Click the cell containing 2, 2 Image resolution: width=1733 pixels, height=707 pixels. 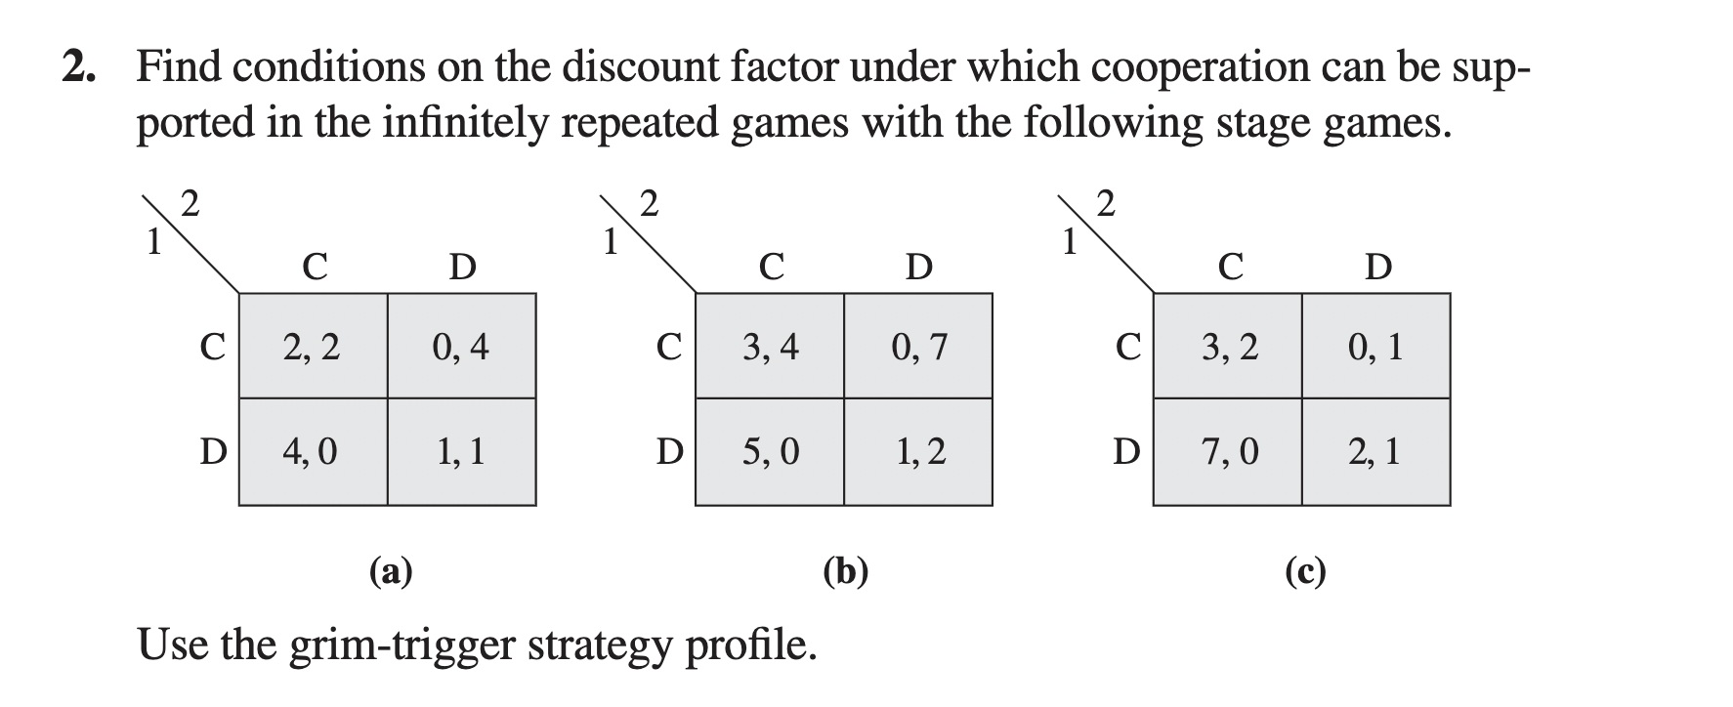click(x=313, y=347)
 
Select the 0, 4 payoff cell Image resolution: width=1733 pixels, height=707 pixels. click(x=461, y=347)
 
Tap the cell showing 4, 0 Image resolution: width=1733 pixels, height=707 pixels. click(x=313, y=451)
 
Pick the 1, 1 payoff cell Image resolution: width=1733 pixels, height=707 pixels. click(x=461, y=451)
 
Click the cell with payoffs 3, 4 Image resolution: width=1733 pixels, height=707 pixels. click(x=770, y=347)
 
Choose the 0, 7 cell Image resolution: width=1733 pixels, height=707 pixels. click(x=918, y=347)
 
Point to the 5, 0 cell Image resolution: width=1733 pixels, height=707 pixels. click(x=770, y=451)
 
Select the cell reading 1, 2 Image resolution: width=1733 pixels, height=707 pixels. click(x=918, y=451)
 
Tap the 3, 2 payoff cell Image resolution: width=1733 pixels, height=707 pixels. click(x=1228, y=347)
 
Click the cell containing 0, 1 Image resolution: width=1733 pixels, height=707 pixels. click(x=1375, y=347)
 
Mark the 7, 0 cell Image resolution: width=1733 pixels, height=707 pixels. click(x=1228, y=451)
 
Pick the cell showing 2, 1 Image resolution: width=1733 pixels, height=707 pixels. click(x=1375, y=451)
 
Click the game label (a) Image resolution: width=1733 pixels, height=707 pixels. click(x=391, y=570)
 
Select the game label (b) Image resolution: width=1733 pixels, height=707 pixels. click(x=846, y=570)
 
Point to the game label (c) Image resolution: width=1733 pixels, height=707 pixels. click(x=1305, y=570)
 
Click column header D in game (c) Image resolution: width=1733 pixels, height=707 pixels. click(x=1377, y=266)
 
